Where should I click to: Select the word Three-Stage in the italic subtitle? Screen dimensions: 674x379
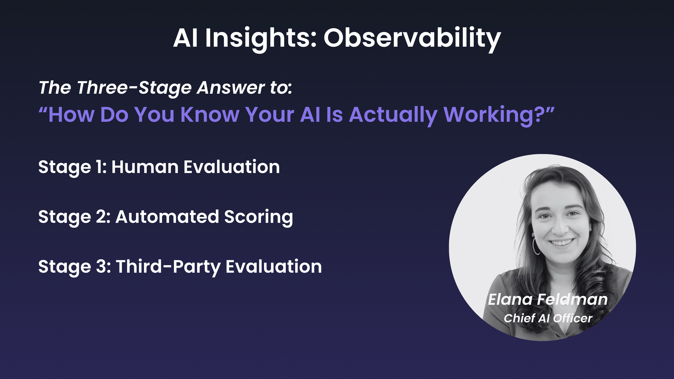[x=134, y=88]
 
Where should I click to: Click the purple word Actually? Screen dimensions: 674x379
[x=393, y=115]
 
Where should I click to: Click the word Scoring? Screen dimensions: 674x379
[x=259, y=218]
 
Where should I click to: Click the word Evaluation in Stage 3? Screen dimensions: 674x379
[x=274, y=267]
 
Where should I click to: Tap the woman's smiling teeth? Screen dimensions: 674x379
[x=561, y=242]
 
